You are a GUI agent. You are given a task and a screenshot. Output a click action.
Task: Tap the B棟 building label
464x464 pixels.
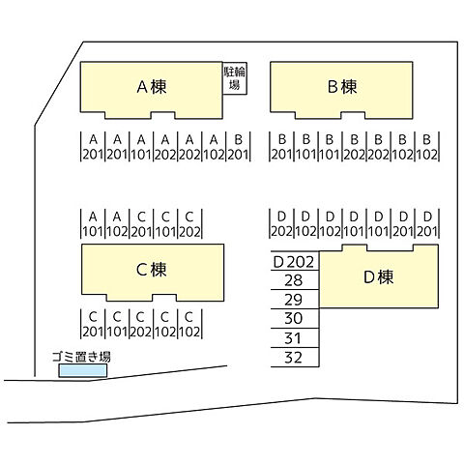[342, 87]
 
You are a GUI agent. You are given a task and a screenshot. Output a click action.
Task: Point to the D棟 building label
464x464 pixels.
[378, 277]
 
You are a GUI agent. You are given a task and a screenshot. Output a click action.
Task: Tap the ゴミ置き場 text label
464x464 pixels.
[81, 358]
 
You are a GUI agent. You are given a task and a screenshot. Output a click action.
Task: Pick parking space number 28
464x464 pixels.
[294, 280]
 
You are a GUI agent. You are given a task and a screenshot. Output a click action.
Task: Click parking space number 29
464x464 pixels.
[294, 300]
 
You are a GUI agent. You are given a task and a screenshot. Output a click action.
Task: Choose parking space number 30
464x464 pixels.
[294, 319]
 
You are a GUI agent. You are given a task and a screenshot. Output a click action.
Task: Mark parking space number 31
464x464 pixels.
[294, 338]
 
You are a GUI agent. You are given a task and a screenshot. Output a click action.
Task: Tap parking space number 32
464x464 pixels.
[294, 358]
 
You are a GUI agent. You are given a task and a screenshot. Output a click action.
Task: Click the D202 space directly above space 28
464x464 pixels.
[294, 261]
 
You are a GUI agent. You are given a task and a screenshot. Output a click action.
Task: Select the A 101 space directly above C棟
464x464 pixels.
[93, 223]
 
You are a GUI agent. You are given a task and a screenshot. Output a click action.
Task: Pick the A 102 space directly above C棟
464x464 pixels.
[117, 223]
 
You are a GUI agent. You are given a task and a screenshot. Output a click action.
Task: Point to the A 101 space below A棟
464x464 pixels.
[141, 146]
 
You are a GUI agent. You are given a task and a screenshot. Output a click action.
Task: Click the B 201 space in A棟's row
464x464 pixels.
[238, 146]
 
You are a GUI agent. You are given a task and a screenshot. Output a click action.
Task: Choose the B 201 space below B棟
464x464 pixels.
[281, 146]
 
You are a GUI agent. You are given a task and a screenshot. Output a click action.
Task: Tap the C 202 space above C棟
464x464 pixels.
[190, 223]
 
